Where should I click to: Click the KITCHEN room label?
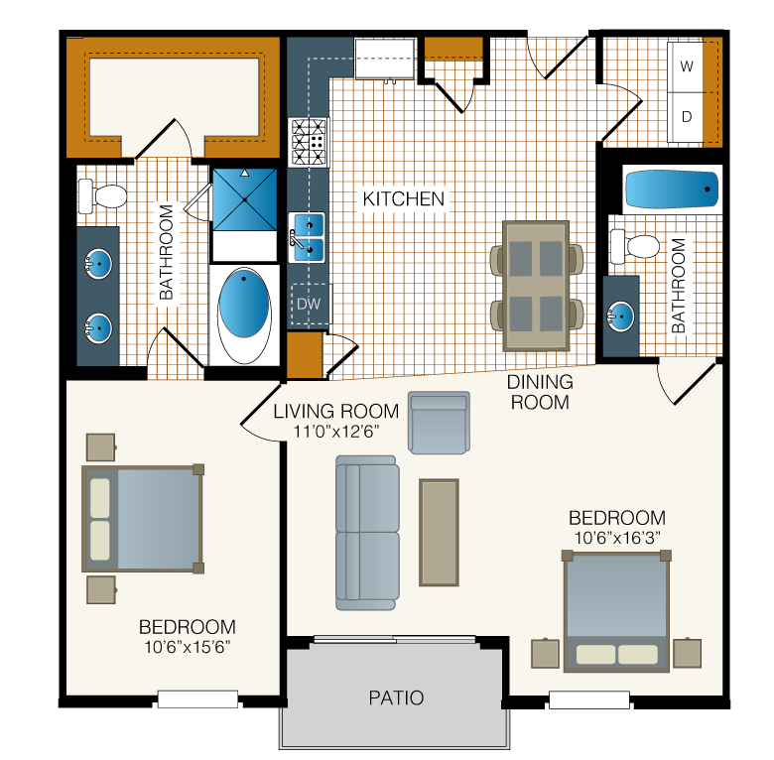pyautogui.click(x=403, y=198)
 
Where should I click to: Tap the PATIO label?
pyautogui.click(x=396, y=697)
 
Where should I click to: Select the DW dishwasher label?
pyautogui.click(x=309, y=304)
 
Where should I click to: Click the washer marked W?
pyautogui.click(x=686, y=66)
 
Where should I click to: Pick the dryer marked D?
pyautogui.click(x=686, y=117)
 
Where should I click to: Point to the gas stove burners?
pyautogui.click(x=309, y=142)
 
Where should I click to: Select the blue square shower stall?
pyautogui.click(x=244, y=199)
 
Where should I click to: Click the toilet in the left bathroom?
pyautogui.click(x=102, y=196)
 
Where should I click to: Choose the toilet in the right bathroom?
pyautogui.click(x=635, y=246)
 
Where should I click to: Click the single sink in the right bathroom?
pyautogui.click(x=621, y=317)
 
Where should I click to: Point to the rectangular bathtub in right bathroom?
pyautogui.click(x=672, y=190)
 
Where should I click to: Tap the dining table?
pyautogui.click(x=536, y=286)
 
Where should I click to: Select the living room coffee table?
pyautogui.click(x=439, y=533)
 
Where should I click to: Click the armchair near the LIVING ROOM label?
pyautogui.click(x=439, y=423)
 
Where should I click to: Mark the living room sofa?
pyautogui.click(x=367, y=533)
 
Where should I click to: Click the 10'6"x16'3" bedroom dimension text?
pyautogui.click(x=617, y=538)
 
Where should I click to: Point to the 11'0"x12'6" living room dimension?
pyautogui.click(x=336, y=432)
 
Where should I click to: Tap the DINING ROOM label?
pyautogui.click(x=540, y=392)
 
